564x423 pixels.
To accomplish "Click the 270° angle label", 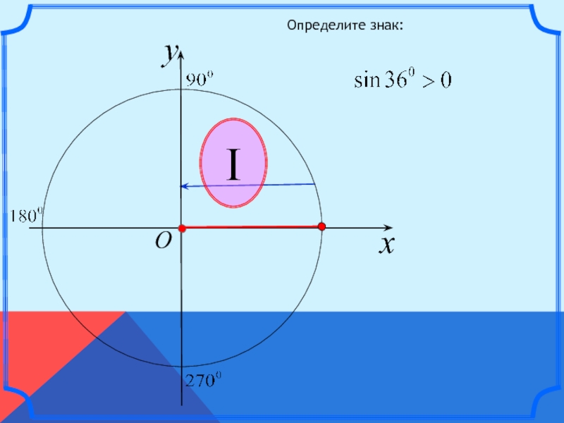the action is click(x=204, y=381).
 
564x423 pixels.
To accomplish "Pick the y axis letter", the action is click(x=169, y=54).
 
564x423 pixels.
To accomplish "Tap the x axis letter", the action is click(x=386, y=245).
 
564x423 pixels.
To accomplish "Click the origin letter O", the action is click(x=163, y=242).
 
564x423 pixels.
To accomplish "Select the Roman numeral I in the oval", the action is click(x=233, y=164).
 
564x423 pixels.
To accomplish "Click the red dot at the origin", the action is click(x=181, y=228).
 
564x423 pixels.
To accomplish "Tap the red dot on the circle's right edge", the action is click(x=321, y=226).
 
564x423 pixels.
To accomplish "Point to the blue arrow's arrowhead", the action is click(x=185, y=186).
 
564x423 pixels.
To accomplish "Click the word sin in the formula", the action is click(x=367, y=81).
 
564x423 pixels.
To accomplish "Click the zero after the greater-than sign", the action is click(x=446, y=81).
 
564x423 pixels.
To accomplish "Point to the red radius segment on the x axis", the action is click(x=251, y=227).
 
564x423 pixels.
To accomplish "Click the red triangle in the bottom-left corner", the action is click(x=42, y=345).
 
